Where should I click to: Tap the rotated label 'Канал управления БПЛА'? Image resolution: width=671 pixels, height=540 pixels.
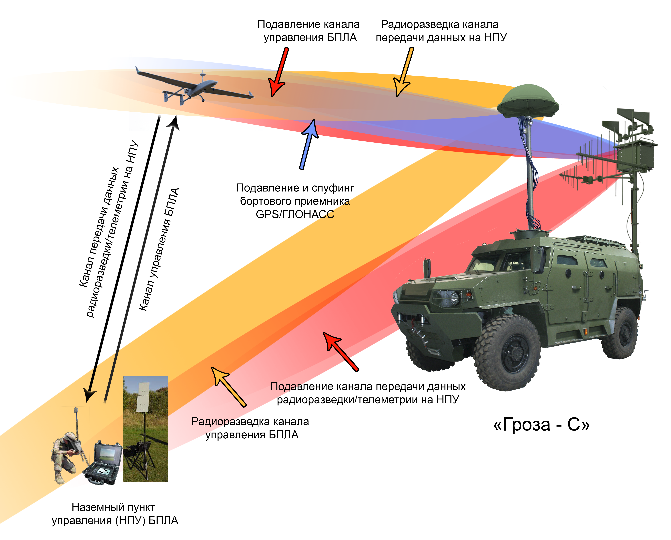click(x=159, y=249)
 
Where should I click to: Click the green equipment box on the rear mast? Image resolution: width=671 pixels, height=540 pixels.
click(x=635, y=156)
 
